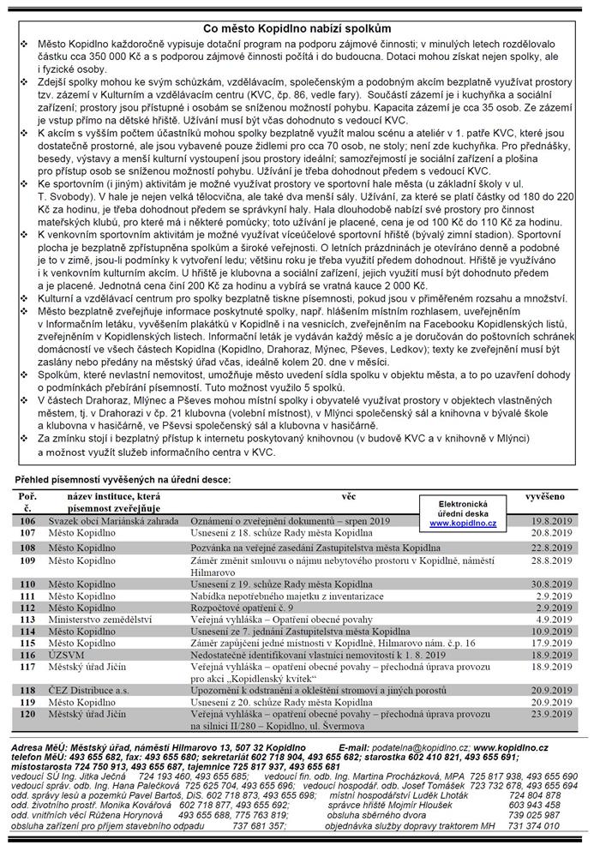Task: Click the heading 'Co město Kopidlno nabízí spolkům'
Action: [300, 28]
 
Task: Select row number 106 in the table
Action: [27, 520]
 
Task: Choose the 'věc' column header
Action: [348, 496]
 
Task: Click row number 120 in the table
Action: [27, 713]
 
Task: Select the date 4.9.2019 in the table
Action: [555, 618]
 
